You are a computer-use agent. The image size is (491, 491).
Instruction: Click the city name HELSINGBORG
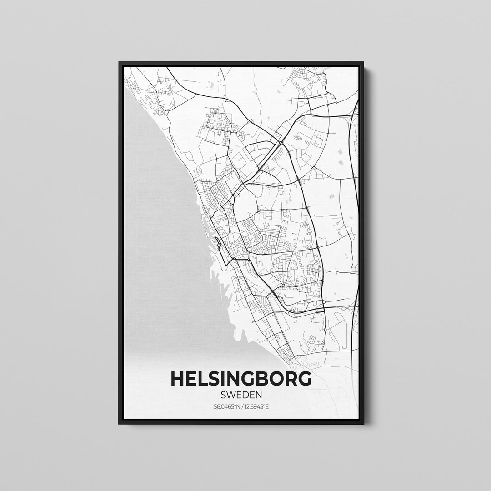(x=241, y=378)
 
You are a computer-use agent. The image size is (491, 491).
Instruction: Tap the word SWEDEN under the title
(x=241, y=395)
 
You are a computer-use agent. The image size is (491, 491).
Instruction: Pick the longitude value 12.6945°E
(x=257, y=406)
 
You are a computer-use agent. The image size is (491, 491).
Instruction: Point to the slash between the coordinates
(x=241, y=406)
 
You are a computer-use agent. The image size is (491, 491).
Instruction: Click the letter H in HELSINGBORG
(x=178, y=378)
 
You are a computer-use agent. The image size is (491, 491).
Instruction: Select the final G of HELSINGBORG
(x=304, y=378)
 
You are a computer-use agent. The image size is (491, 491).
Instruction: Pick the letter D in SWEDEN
(x=245, y=395)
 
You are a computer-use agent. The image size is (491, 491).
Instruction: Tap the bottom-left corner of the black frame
(x=120, y=423)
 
